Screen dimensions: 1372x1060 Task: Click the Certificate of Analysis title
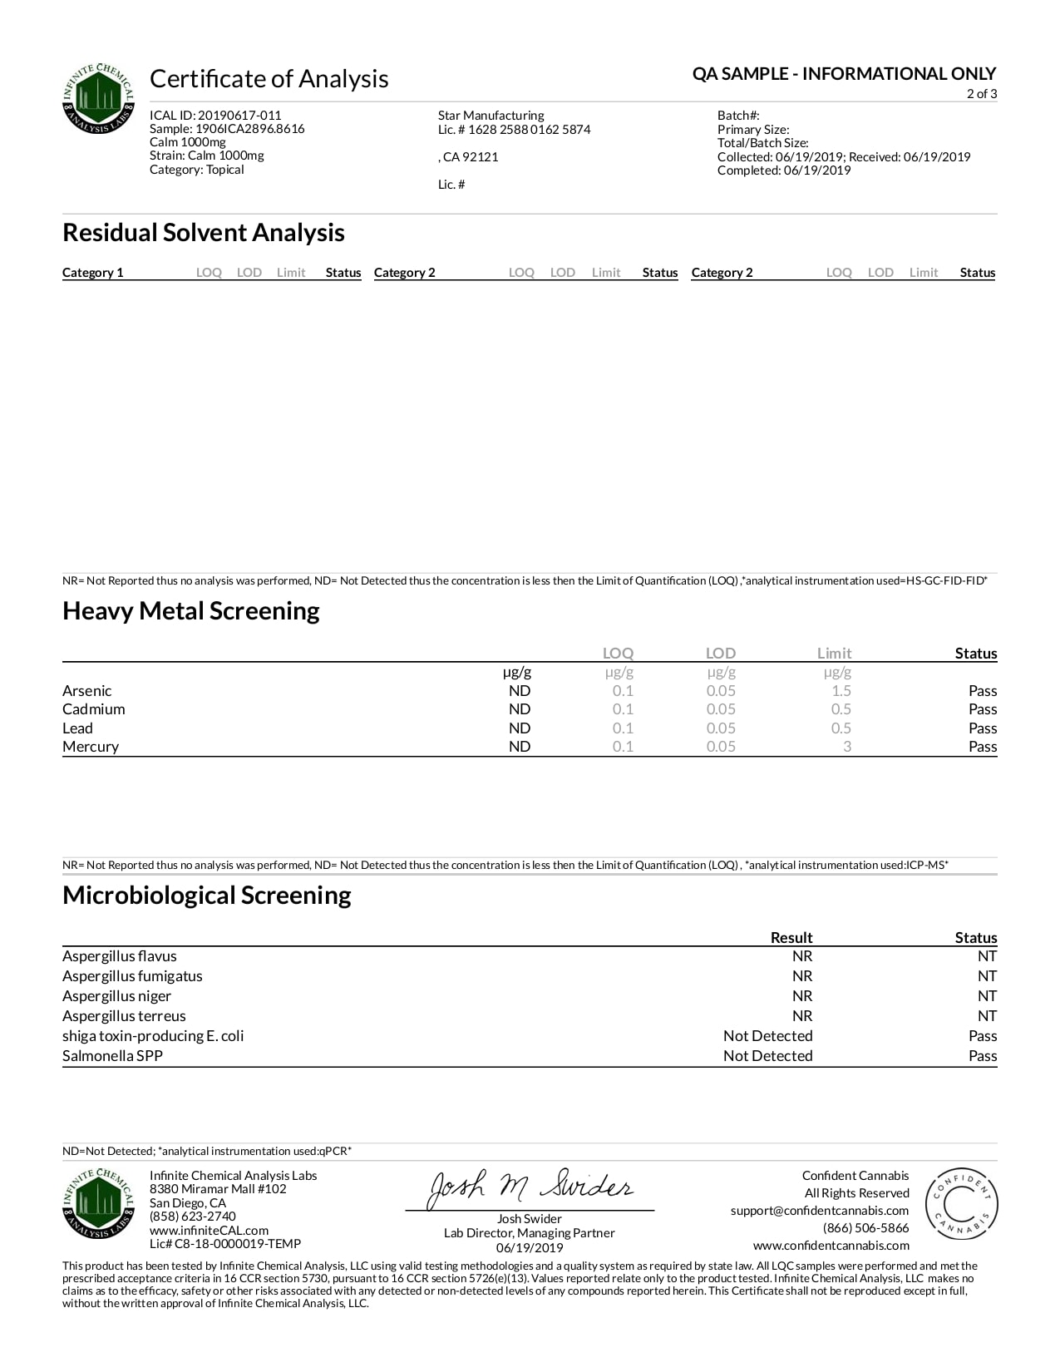(x=269, y=79)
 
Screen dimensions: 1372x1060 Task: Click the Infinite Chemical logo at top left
(x=98, y=98)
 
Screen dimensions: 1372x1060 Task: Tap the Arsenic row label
(x=86, y=691)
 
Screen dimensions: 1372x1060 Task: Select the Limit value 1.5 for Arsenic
(x=841, y=691)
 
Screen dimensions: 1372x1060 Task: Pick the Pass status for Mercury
(x=982, y=747)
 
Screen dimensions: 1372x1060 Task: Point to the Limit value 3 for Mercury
(x=846, y=747)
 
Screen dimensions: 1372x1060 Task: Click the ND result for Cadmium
(x=520, y=709)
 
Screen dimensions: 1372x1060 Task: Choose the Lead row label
(x=77, y=728)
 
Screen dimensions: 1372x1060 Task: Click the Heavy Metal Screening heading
(x=190, y=611)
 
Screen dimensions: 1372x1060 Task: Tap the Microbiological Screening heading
(x=206, y=896)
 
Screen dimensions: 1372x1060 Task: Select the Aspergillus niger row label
(x=116, y=996)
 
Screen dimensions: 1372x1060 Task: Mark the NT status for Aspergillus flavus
(x=987, y=956)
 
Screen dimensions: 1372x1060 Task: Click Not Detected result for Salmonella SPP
(x=767, y=1056)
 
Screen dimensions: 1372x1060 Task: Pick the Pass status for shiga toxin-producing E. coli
(x=982, y=1036)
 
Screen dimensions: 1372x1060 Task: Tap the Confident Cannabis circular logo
(x=961, y=1205)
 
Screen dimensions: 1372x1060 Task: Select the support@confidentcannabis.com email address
(x=819, y=1211)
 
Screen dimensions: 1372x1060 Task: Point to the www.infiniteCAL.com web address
(x=209, y=1231)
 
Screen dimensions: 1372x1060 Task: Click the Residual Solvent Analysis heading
(x=203, y=233)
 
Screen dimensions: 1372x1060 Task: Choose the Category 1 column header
(x=92, y=273)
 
